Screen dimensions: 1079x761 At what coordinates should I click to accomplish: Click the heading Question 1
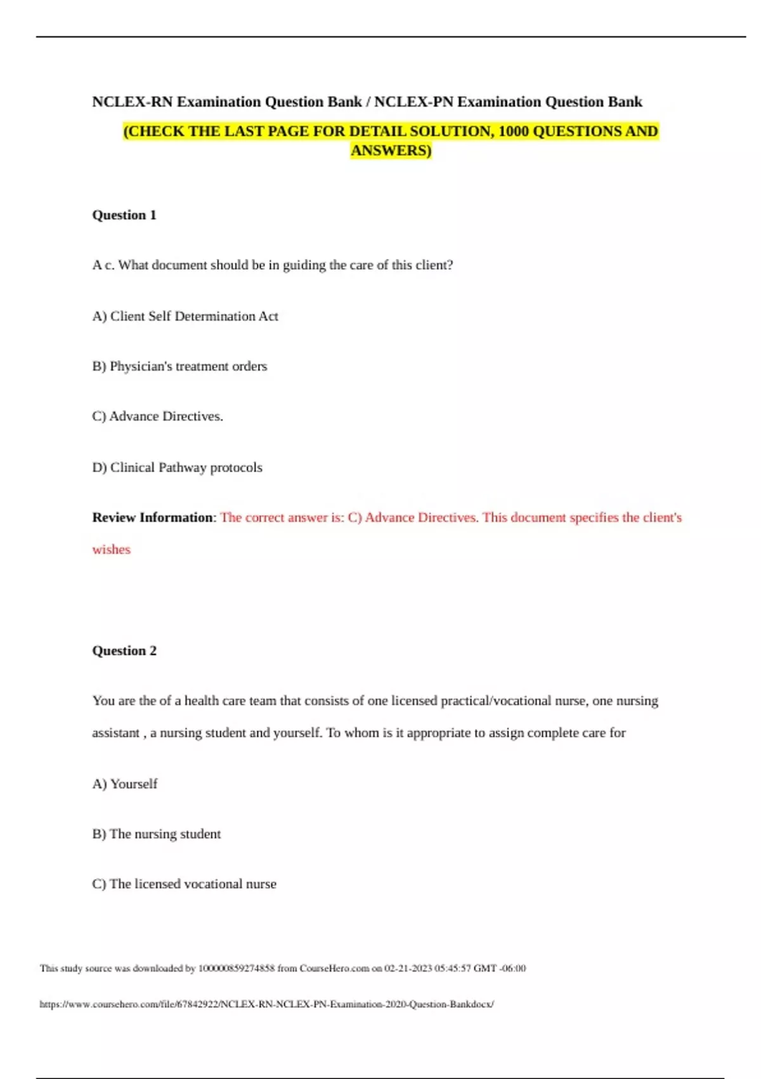124,215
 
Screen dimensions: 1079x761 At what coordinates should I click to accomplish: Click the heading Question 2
124,651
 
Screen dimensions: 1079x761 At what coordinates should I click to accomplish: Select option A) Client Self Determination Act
185,316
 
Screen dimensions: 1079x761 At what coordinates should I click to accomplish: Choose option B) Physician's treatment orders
179,366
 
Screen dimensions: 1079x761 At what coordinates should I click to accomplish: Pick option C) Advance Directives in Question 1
157,416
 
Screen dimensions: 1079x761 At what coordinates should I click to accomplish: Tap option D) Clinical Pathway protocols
177,468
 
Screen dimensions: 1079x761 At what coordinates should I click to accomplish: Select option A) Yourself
125,784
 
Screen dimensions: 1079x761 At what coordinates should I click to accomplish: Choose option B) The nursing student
157,834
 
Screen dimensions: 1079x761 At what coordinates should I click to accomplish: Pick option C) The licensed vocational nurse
184,884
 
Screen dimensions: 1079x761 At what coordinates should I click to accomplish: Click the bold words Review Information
153,517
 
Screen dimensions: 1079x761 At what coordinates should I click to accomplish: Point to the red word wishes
111,550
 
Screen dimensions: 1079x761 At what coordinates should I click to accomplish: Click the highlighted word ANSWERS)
391,150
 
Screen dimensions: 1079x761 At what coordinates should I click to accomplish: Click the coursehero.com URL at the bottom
266,1004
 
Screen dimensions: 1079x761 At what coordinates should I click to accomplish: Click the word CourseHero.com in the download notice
334,969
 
